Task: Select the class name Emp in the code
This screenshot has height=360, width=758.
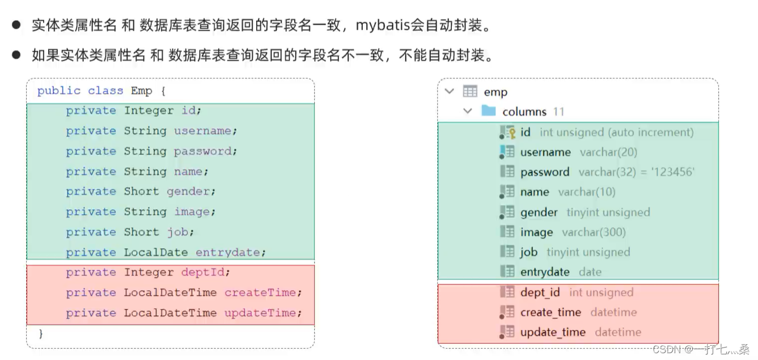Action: click(x=141, y=91)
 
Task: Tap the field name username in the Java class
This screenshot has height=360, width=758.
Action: click(x=202, y=131)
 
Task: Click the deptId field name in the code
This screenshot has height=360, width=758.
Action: click(x=202, y=273)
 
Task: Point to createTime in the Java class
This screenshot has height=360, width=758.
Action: click(x=260, y=293)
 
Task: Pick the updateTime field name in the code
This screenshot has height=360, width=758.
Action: click(x=260, y=313)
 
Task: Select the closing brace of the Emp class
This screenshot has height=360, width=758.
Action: click(x=40, y=334)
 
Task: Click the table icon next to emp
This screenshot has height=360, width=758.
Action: click(x=470, y=92)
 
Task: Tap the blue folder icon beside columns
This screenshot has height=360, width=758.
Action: click(x=489, y=111)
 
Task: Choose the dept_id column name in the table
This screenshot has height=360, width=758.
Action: click(x=540, y=293)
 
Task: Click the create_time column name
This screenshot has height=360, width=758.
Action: click(x=550, y=312)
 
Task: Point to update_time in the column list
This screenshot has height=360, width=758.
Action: click(x=553, y=332)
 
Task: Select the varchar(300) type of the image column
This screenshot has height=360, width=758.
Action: click(x=594, y=232)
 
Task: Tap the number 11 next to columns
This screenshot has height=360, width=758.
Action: click(x=558, y=112)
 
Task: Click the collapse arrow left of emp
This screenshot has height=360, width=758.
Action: click(x=450, y=91)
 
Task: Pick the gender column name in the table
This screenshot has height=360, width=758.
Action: click(x=539, y=213)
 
